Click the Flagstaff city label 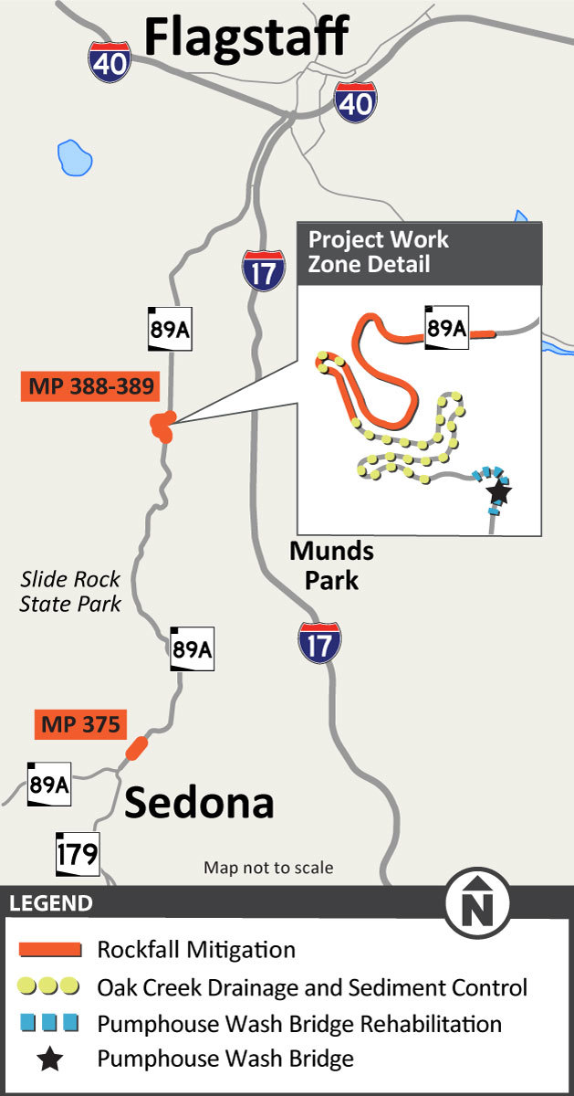click(246, 37)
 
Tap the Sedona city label click(199, 803)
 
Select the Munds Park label click(331, 565)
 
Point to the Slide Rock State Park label click(70, 591)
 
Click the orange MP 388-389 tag click(89, 386)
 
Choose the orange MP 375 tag click(79, 725)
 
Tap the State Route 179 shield click(77, 855)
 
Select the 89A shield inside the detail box click(446, 328)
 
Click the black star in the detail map click(498, 493)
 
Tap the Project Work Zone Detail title click(379, 252)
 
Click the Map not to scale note click(268, 868)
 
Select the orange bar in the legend click(50, 950)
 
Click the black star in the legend click(50, 1059)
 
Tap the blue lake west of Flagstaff click(73, 157)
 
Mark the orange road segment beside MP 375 click(136, 748)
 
